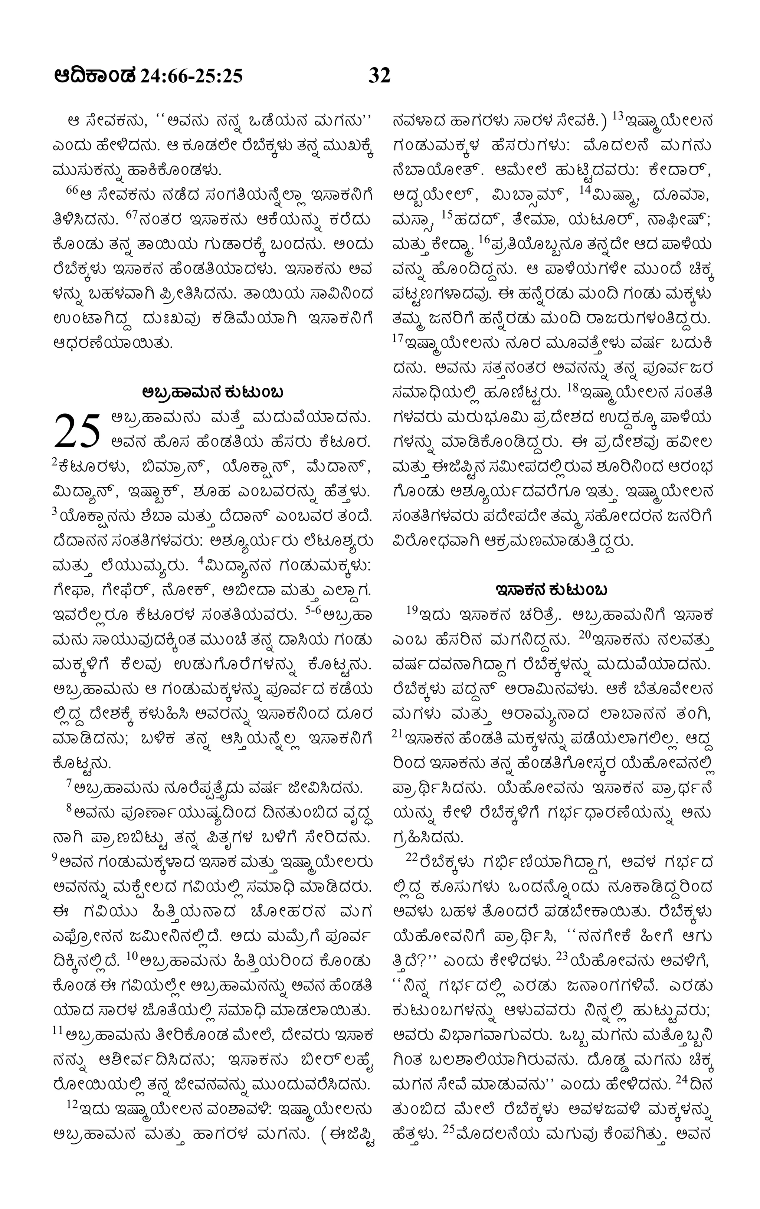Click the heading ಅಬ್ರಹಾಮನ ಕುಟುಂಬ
click(x=213, y=391)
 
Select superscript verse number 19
click(x=412, y=610)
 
